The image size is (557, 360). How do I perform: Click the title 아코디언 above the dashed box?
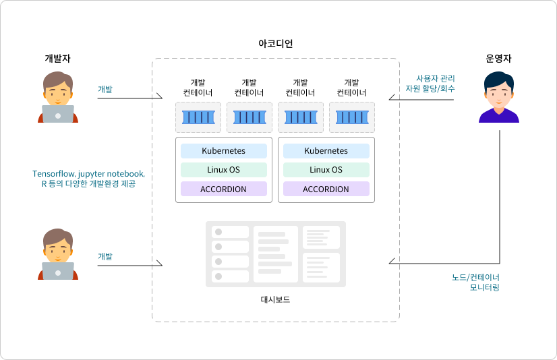point(275,43)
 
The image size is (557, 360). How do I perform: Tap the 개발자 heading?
point(57,58)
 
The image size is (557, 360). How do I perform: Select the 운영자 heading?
point(498,58)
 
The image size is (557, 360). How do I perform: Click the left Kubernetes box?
point(224,151)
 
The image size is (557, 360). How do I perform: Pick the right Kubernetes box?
point(326,151)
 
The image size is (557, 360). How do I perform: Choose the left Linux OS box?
point(224,170)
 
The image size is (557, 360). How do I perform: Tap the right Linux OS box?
point(326,170)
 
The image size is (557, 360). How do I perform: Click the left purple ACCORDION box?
point(224,189)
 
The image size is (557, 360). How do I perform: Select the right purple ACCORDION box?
point(326,189)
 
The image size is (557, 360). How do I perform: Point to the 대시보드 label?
point(275,299)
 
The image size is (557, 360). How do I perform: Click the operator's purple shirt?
point(499,116)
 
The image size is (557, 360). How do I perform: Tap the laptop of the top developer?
point(58,114)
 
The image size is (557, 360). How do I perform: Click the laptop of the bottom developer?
point(58,271)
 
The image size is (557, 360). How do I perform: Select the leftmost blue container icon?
point(198,117)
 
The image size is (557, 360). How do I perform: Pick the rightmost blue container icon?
point(352,117)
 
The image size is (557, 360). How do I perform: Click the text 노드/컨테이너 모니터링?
point(475,282)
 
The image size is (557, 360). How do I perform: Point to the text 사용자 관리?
point(436,78)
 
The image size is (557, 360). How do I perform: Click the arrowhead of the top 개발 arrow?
point(160,96)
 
